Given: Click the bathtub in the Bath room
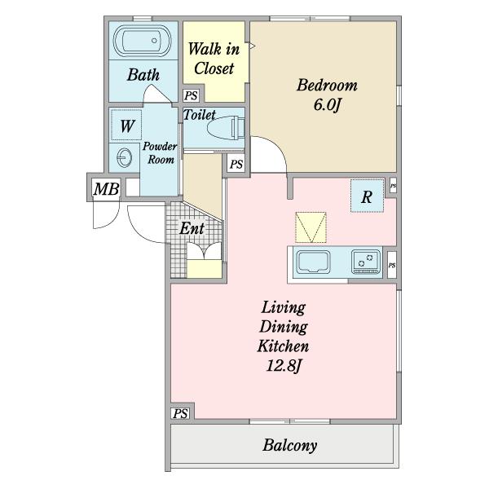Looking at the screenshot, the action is pyautogui.click(x=142, y=41).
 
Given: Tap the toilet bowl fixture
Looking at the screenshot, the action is pyautogui.click(x=226, y=128).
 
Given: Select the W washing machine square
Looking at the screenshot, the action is pyautogui.click(x=126, y=126).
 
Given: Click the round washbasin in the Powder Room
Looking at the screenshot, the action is pyautogui.click(x=124, y=156).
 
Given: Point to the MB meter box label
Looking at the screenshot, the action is pyautogui.click(x=107, y=189).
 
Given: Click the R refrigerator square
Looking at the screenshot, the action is pyautogui.click(x=367, y=196).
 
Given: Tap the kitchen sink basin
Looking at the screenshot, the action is pyautogui.click(x=313, y=262).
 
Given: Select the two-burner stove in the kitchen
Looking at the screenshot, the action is pyautogui.click(x=366, y=262).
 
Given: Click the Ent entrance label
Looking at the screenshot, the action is pyautogui.click(x=192, y=228).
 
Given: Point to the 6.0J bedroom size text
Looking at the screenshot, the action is pyautogui.click(x=326, y=105).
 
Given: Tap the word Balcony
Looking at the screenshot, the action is pyautogui.click(x=289, y=445).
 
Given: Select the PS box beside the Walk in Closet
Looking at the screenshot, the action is pyautogui.click(x=191, y=95).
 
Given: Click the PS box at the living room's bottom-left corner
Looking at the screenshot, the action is pyautogui.click(x=180, y=413).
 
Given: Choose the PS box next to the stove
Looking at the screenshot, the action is pyautogui.click(x=392, y=265).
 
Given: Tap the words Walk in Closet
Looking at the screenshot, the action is pyautogui.click(x=214, y=59).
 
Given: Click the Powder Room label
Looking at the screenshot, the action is pyautogui.click(x=160, y=153).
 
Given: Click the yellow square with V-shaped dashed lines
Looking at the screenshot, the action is pyautogui.click(x=311, y=227).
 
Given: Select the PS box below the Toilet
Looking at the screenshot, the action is pyautogui.click(x=236, y=164).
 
